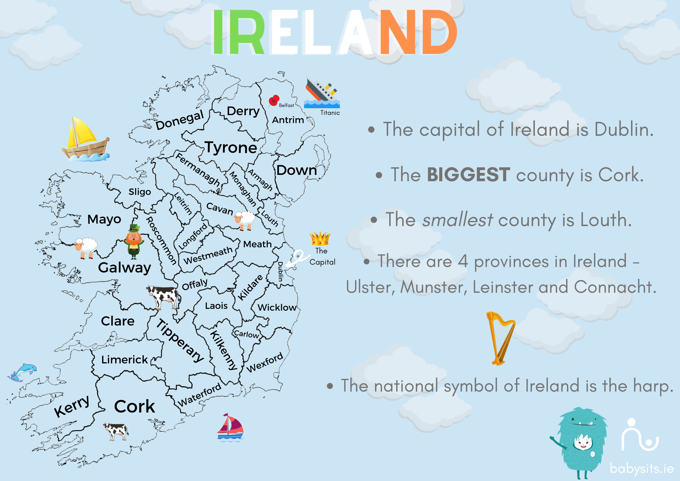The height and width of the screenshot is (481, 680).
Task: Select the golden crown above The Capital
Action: click(320, 239)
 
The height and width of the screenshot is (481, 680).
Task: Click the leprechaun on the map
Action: click(134, 242)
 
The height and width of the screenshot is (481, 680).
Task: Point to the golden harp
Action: click(500, 338)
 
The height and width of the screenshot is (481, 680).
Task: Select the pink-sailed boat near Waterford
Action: click(230, 427)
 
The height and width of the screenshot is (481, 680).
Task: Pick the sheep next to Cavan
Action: click(244, 220)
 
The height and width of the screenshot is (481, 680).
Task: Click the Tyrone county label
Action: click(231, 148)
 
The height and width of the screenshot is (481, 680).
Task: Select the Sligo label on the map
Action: click(140, 192)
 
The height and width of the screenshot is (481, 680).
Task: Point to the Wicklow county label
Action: click(277, 307)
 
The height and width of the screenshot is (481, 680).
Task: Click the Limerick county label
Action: click(124, 360)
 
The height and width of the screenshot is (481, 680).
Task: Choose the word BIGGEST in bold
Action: click(468, 175)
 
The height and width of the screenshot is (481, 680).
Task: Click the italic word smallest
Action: click(457, 220)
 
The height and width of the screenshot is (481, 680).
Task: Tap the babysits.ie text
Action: click(642, 469)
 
